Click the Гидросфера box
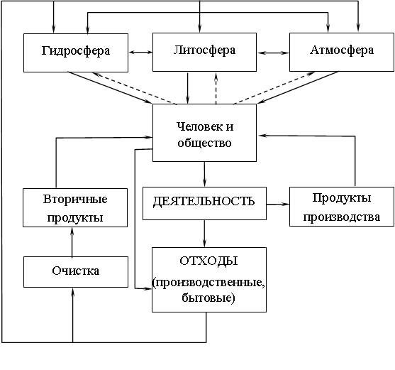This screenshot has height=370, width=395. [76, 53]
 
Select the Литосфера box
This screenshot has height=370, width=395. [204, 52]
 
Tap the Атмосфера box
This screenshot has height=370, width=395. [342, 52]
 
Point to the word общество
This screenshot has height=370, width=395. [204, 143]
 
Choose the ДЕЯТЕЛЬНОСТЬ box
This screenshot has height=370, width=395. [204, 203]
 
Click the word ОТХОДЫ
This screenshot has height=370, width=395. [208, 261]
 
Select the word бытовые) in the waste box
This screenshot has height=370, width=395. [208, 298]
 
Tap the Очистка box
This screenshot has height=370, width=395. [76, 272]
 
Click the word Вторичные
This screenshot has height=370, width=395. [75, 200]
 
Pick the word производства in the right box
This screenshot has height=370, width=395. [341, 217]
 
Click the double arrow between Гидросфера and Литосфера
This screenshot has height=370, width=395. [140, 53]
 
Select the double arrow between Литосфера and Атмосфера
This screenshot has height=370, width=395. [273, 53]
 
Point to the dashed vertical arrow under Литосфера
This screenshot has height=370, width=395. [216, 89]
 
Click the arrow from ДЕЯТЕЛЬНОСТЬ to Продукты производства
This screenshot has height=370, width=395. [278, 204]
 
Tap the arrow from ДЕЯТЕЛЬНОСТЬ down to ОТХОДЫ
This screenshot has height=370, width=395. [204, 234]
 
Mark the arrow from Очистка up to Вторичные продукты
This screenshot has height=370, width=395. [72, 242]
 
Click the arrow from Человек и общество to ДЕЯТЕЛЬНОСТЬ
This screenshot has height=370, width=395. [204, 174]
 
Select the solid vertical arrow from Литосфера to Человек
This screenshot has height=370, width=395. [187, 88]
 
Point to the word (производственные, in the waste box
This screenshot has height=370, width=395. [208, 283]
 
